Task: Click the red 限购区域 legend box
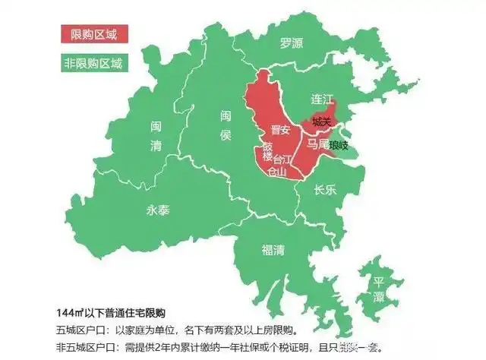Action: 96,34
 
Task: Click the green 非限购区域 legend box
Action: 96,62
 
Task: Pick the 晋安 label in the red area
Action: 280,130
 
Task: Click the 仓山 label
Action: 278,172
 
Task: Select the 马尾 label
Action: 317,143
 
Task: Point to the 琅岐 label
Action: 338,144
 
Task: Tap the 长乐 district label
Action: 325,191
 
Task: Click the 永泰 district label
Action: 158,211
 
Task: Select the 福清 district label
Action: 273,248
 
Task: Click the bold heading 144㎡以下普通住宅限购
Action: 110,313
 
